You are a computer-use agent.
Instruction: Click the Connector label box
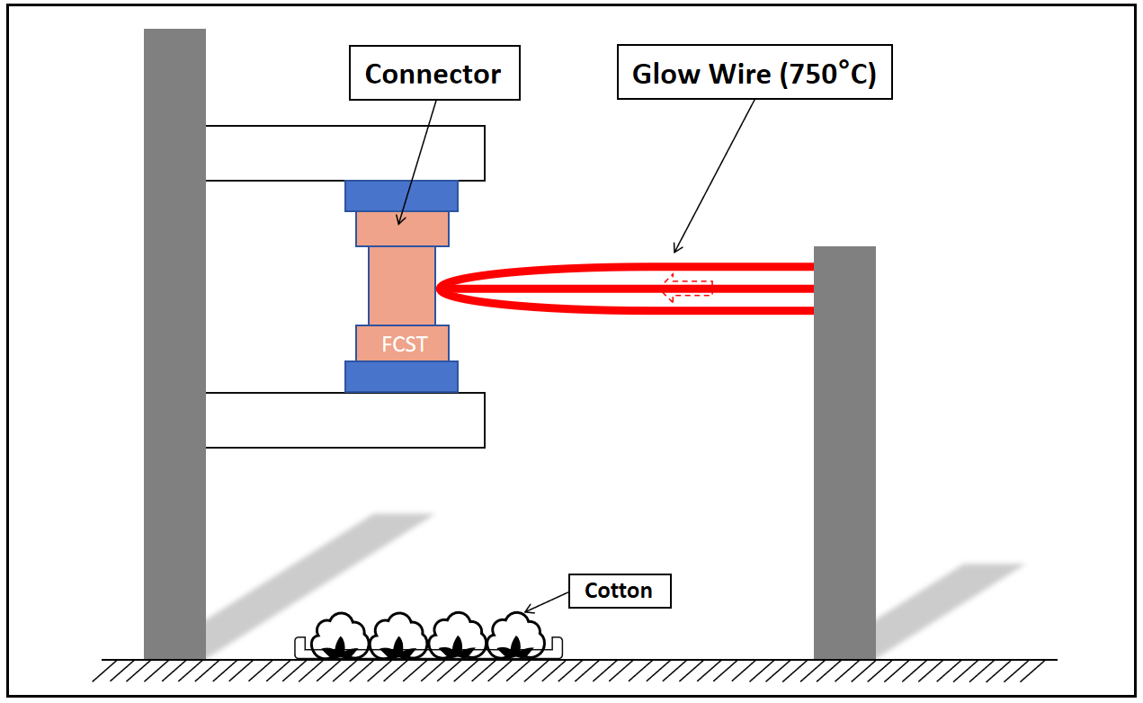tap(433, 74)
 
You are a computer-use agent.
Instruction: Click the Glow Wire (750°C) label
tap(754, 74)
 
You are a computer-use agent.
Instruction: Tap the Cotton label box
tap(619, 591)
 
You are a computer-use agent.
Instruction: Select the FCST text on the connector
tap(404, 344)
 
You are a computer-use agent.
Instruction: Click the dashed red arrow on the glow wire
tap(687, 288)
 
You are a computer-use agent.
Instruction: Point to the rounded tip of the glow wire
tap(441, 288)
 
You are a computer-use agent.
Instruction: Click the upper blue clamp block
tap(401, 196)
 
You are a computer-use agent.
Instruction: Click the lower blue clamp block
tap(401, 377)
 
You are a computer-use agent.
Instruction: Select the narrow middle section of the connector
tap(402, 285)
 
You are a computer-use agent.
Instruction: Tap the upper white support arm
tap(345, 153)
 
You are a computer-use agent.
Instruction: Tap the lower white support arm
tap(345, 420)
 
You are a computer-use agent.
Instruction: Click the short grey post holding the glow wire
tap(844, 449)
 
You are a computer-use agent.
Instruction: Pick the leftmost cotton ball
tap(339, 636)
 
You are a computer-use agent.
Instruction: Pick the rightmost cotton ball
tap(516, 636)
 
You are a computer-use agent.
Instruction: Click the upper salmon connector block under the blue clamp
tap(402, 228)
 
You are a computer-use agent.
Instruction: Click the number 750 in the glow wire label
tap(807, 74)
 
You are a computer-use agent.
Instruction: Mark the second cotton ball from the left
tap(398, 636)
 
